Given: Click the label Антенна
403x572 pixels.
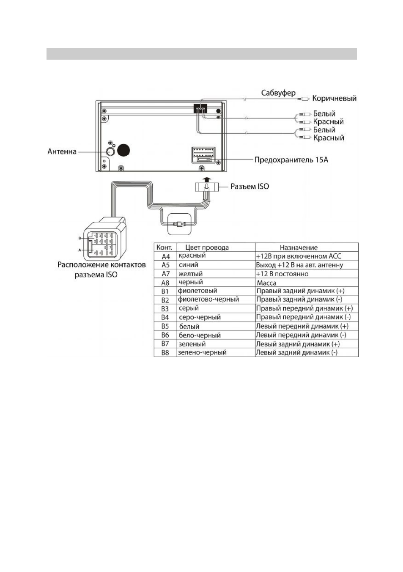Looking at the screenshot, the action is click(62, 151).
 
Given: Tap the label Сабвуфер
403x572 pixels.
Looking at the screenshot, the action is click(278, 93).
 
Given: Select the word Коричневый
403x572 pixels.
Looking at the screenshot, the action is click(334, 98).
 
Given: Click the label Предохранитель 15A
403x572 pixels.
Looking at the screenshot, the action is click(291, 160).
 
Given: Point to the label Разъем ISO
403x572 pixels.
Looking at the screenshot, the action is click(249, 187).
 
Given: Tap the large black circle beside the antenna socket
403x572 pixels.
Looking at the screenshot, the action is click(123, 150).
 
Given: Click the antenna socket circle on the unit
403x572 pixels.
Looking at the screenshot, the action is click(110, 151).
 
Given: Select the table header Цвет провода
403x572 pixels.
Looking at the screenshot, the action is click(207, 247).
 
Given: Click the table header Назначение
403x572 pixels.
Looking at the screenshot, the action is click(299, 247).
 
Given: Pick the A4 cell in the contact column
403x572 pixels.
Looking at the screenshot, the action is click(166, 256).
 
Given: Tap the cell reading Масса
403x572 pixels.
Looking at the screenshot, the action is click(266, 283).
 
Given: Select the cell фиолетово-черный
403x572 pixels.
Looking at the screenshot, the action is click(208, 299).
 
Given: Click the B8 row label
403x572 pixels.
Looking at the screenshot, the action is click(165, 353).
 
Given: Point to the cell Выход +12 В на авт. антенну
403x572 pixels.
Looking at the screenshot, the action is click(299, 265).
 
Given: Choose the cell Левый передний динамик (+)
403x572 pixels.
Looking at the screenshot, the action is click(302, 326).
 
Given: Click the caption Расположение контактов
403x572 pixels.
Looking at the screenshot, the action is click(101, 265).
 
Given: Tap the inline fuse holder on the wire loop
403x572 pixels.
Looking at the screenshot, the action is click(178, 225).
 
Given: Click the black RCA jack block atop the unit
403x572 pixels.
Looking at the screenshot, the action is click(200, 109).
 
